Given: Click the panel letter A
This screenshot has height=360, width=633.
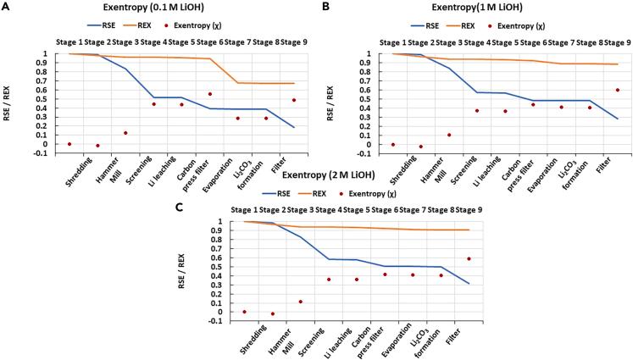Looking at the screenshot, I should tap(7, 6).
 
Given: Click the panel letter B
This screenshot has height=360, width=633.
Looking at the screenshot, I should tap(326, 6).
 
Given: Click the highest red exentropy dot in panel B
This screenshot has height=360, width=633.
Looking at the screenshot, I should tap(617, 90).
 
